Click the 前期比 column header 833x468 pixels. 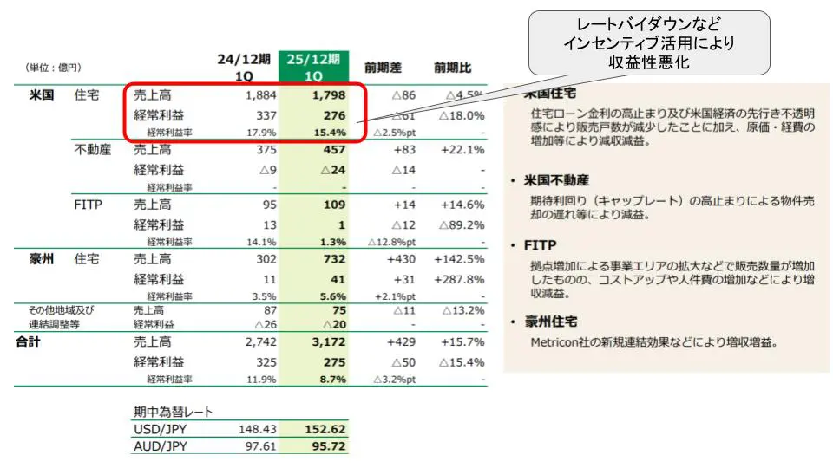pos(453,67)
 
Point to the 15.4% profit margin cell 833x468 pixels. pos(331,133)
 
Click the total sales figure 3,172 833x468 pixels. pos(328,342)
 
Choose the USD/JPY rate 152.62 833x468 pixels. pos(325,429)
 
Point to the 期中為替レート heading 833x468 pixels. pos(174,412)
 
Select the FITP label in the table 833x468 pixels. pos(89,205)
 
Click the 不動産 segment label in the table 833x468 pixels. pos(93,150)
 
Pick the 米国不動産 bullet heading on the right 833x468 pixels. pos(556,180)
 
